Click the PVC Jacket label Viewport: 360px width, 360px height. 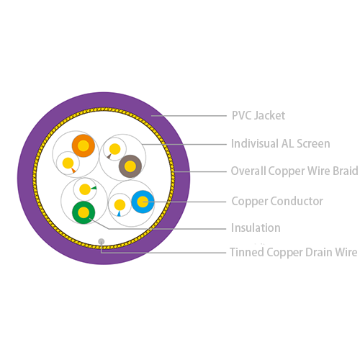click(258, 115)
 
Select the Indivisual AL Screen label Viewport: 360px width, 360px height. click(280, 143)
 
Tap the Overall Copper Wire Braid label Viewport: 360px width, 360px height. click(294, 171)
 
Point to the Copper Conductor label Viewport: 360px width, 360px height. click(277, 201)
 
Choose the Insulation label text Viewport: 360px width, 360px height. click(256, 228)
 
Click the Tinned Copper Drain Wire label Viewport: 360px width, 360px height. click(294, 252)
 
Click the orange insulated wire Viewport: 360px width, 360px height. click(84, 145)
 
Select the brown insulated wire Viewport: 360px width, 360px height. click(130, 166)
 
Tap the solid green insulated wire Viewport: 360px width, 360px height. click(84, 212)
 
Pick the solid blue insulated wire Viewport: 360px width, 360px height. click(143, 202)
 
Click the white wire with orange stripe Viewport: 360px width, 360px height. click(68, 163)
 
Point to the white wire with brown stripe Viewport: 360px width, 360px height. click(114, 149)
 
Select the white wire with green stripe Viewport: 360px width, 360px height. click(85, 189)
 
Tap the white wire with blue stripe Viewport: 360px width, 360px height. click(120, 205)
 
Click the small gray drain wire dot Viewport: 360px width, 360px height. click(102, 241)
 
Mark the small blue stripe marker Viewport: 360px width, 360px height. click(119, 213)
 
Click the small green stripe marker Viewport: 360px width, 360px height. click(94, 188)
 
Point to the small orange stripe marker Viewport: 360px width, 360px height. click(73, 171)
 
